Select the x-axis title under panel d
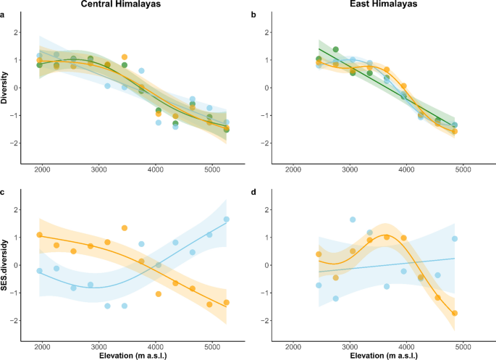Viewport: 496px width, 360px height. [x=375, y=354]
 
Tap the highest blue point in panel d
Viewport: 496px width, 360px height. [x=353, y=219]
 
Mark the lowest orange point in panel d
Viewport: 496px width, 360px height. [x=455, y=313]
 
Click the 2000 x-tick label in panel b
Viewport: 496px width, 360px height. [x=294, y=170]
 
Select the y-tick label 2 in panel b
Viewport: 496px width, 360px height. [x=268, y=33]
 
